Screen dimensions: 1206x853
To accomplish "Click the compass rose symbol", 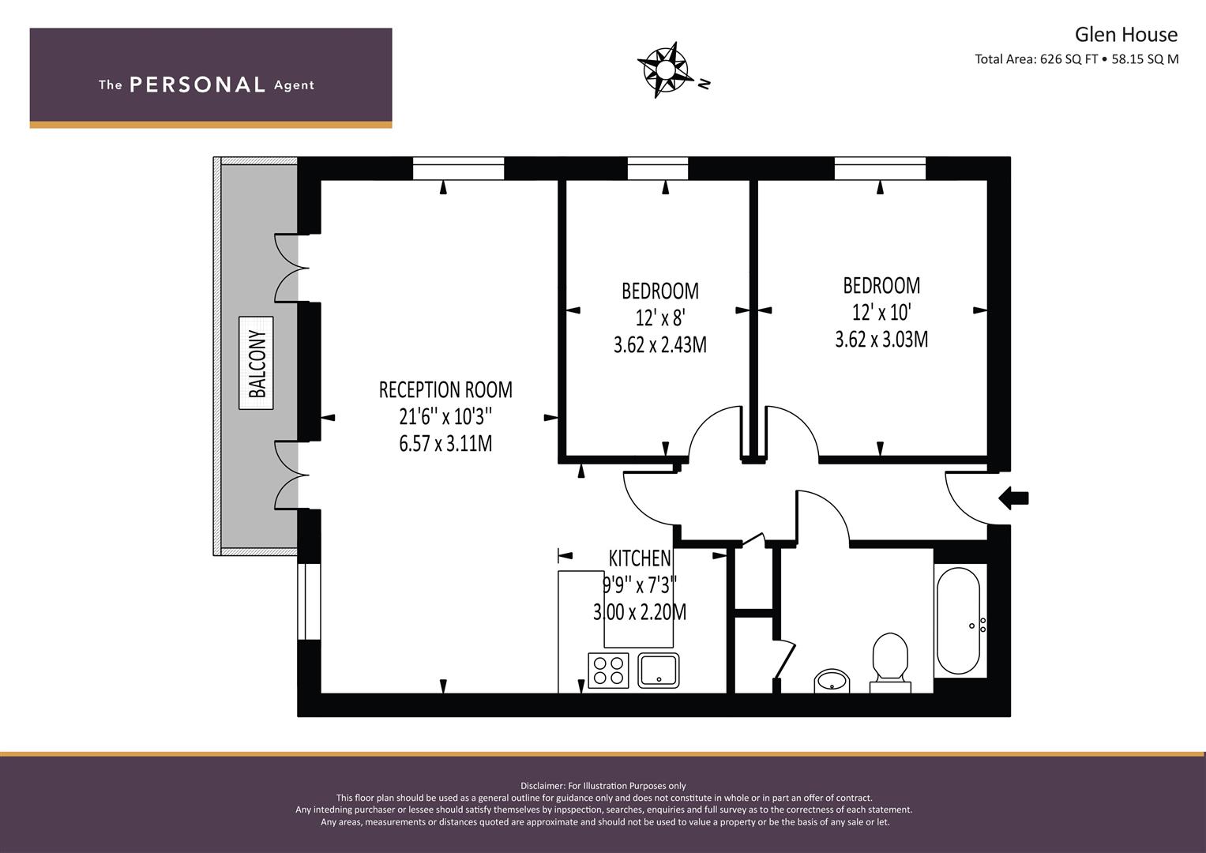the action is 663,70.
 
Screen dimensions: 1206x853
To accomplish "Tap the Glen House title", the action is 1125,35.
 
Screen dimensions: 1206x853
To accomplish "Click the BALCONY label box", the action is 256,363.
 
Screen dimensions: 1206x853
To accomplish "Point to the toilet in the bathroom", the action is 890,663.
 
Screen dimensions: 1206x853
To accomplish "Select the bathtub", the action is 958,620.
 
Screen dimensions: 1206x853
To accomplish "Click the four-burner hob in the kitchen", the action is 608,671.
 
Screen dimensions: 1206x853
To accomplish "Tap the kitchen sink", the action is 659,671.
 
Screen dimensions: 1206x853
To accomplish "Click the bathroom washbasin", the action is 832,681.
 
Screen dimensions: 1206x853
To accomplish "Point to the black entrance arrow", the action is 1014,498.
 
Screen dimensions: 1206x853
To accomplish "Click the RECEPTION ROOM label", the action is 445,390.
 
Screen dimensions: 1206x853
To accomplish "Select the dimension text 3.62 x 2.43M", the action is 660,344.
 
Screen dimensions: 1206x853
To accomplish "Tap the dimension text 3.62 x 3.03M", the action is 881,340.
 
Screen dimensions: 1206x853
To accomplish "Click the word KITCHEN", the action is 641,559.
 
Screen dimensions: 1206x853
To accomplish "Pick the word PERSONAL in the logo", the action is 197,85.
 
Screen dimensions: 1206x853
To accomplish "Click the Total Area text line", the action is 1076,59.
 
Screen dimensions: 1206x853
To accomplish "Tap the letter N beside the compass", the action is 704,84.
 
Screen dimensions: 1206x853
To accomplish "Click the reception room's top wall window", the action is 458,168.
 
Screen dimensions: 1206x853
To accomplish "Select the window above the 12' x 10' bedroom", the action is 881,168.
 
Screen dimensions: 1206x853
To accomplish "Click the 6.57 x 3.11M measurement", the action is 445,444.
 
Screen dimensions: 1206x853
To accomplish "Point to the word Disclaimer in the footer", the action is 542,786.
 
